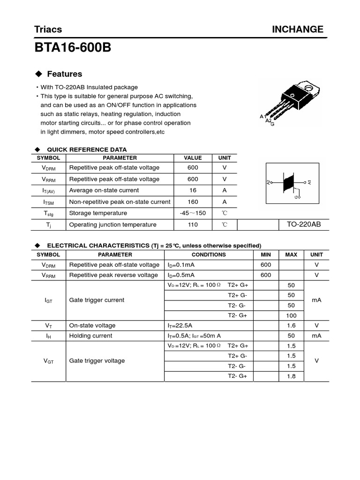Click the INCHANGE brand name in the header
tap(298, 30)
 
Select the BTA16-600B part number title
tap(73, 48)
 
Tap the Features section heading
tap(64, 74)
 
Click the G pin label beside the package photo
tap(272, 124)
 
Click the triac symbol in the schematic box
tap(289, 182)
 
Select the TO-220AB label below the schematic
tap(303, 225)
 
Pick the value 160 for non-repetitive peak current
tap(193, 202)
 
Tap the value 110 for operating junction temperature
tap(193, 225)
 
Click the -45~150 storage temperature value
tap(193, 213)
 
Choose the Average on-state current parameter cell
tap(104, 190)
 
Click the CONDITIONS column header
tap(209, 255)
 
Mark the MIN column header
tap(266, 255)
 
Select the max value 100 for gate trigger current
tap(291, 315)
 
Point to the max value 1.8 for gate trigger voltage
tap(291, 376)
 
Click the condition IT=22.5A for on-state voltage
tap(180, 326)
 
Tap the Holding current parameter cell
tap(91, 336)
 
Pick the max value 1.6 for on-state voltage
tap(291, 326)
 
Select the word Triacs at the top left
tap(48, 30)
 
